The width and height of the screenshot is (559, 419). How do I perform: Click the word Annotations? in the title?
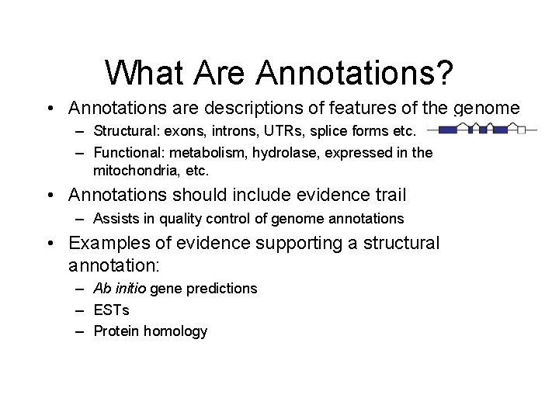pyautogui.click(x=355, y=72)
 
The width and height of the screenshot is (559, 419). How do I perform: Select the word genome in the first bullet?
pyautogui.click(x=487, y=108)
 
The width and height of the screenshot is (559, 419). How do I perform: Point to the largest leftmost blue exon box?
pyautogui.click(x=446, y=130)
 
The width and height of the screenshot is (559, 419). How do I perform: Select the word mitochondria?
pyautogui.click(x=137, y=170)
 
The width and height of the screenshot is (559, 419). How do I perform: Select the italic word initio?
pyautogui.click(x=130, y=289)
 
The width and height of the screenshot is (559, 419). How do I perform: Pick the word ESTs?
pyautogui.click(x=111, y=310)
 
